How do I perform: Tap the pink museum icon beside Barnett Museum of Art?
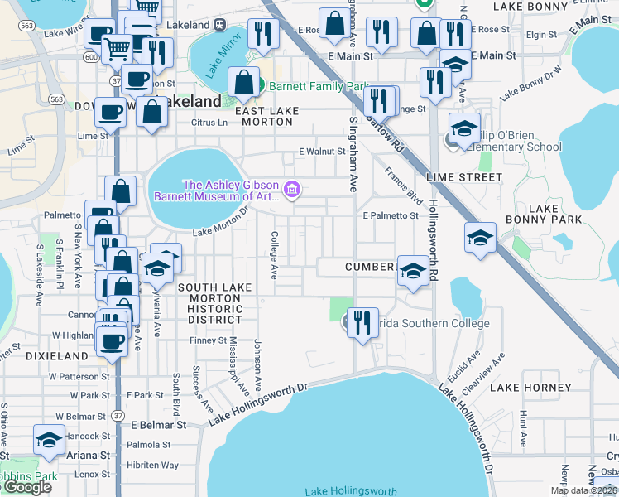291,191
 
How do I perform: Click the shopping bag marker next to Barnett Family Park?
244,84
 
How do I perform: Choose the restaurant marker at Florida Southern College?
362,322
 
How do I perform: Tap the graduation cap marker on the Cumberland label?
412,271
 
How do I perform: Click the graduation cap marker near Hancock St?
49,440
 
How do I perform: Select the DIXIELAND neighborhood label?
57,356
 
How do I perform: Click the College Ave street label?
273,253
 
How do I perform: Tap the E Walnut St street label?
322,152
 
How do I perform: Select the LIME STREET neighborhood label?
463,177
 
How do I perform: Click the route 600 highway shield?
89,55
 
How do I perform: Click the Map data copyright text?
583,490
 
